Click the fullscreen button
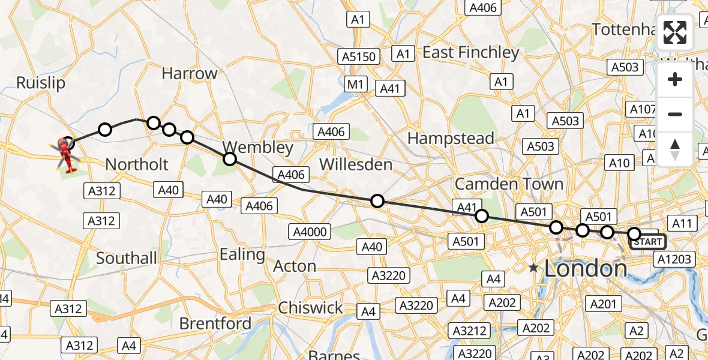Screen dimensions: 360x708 (x=675, y=32)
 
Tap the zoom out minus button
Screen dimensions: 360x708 (x=675, y=114)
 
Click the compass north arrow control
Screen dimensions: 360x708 (x=675, y=149)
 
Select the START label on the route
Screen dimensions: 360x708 (x=647, y=242)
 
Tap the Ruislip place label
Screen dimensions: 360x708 (x=41, y=82)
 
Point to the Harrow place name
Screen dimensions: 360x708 (x=190, y=74)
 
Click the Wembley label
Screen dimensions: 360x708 (x=258, y=147)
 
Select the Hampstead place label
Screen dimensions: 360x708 (x=451, y=138)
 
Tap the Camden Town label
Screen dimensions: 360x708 (x=509, y=183)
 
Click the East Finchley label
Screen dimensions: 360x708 (x=470, y=53)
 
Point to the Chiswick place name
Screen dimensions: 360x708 (x=311, y=308)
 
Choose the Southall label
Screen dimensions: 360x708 (x=127, y=259)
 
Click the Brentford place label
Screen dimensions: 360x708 (x=215, y=323)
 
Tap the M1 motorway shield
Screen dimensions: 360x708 (x=355, y=85)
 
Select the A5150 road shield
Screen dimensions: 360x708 (x=359, y=57)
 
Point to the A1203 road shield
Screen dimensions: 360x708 (x=675, y=260)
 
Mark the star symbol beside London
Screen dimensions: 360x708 (x=533, y=268)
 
